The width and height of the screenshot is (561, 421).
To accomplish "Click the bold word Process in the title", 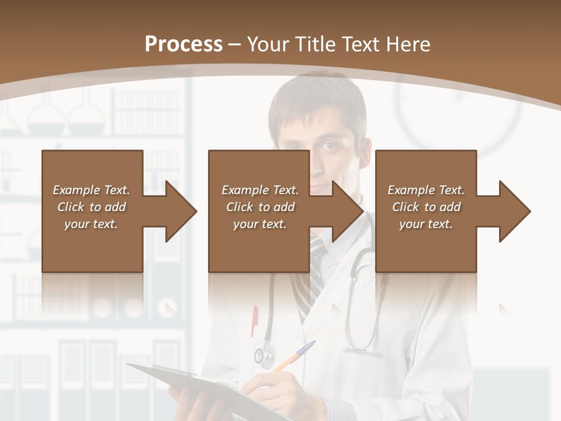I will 183,44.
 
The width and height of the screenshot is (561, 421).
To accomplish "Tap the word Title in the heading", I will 316,44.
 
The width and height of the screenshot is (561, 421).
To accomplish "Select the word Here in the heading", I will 408,44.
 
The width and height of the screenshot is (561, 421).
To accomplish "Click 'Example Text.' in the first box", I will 91,190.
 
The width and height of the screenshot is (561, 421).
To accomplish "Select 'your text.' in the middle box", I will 259,224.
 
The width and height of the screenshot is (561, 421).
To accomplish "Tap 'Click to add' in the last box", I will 426,207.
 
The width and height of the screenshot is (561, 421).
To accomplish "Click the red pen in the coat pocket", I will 255,320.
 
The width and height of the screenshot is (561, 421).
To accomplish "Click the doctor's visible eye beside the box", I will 330,145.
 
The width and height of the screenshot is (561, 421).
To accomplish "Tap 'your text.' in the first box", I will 91,224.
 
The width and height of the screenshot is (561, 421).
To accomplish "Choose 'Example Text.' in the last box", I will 426,190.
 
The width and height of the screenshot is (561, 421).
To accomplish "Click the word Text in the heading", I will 361,44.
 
